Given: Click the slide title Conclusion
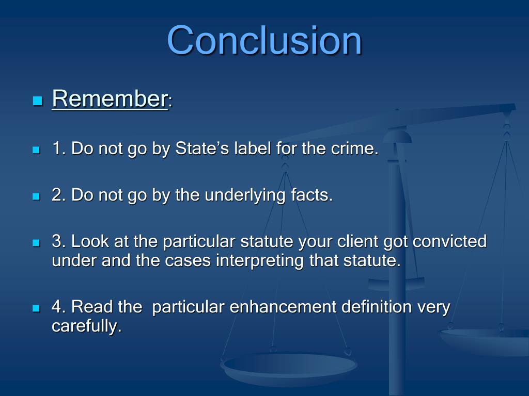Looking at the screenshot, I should (264, 41).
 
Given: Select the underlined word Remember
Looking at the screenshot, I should (109, 98).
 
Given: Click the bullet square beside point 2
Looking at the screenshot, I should (36, 196).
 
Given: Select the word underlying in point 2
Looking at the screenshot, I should (240, 195).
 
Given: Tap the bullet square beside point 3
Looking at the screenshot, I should (36, 242).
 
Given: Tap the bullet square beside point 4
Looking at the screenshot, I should (36, 308).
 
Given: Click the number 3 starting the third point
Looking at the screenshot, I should (57, 241).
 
